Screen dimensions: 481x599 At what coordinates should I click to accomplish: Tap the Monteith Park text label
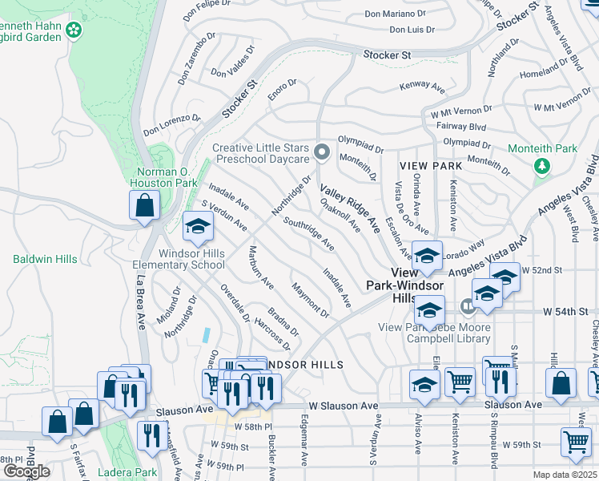click(x=542, y=149)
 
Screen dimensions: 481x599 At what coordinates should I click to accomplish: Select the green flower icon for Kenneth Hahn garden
click(x=74, y=30)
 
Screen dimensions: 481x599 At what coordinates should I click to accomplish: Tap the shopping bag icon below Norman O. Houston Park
click(x=143, y=206)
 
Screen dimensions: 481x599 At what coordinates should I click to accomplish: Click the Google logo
click(x=26, y=471)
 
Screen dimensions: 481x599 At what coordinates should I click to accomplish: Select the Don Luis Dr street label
click(x=412, y=30)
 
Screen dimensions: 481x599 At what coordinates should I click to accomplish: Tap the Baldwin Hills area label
click(x=45, y=259)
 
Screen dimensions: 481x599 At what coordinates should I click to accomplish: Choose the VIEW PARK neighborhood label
click(x=430, y=166)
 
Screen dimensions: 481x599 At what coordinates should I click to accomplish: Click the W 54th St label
click(x=565, y=310)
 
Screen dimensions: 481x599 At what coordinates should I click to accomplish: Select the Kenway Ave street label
click(x=422, y=85)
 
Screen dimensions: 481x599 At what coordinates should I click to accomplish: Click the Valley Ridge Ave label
click(x=350, y=208)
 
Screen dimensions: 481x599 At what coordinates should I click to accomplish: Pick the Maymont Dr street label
click(x=311, y=299)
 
